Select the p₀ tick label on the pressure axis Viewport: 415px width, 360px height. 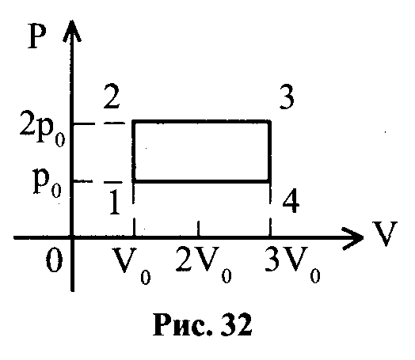(x=48, y=183)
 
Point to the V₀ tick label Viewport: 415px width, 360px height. (x=131, y=265)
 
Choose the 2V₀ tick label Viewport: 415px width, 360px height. (x=204, y=264)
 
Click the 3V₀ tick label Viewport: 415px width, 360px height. (x=293, y=264)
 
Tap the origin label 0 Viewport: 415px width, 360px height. (x=55, y=260)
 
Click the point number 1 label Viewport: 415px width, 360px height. (x=114, y=203)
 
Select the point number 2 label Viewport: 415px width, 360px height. (x=112, y=96)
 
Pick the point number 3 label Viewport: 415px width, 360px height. (x=287, y=97)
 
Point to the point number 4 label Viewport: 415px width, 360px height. (x=291, y=201)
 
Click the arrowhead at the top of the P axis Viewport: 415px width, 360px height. (x=72, y=29)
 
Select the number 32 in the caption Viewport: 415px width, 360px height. (x=236, y=324)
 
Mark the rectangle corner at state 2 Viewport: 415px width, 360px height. (x=135, y=122)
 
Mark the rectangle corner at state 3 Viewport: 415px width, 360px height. (x=270, y=122)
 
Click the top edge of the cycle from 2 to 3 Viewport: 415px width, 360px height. (x=202, y=122)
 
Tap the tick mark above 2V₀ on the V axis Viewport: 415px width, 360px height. (x=198, y=229)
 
